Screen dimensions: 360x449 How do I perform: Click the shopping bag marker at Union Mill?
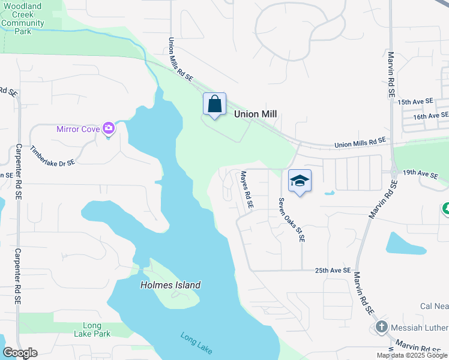pos(215,105)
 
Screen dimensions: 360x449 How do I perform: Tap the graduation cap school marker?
pos(300,181)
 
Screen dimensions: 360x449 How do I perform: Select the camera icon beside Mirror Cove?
pos(109,128)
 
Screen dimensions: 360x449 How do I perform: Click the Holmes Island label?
pos(170,286)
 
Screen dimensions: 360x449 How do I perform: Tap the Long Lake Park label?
pos(92,329)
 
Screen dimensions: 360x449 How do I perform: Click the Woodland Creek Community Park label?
pos(22,19)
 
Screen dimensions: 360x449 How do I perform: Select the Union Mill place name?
pos(258,113)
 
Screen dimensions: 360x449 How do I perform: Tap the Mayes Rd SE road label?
pos(247,190)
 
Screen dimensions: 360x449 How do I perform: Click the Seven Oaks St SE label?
pos(291,220)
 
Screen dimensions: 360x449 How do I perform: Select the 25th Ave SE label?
pos(333,271)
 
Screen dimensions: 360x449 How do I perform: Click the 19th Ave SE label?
pos(420,173)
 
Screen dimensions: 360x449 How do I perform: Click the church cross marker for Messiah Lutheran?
pos(381,327)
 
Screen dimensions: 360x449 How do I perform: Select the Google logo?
pos(20,353)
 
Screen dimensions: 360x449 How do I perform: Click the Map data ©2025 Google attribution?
pos(412,355)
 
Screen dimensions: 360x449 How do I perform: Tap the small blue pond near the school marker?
pos(328,193)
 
